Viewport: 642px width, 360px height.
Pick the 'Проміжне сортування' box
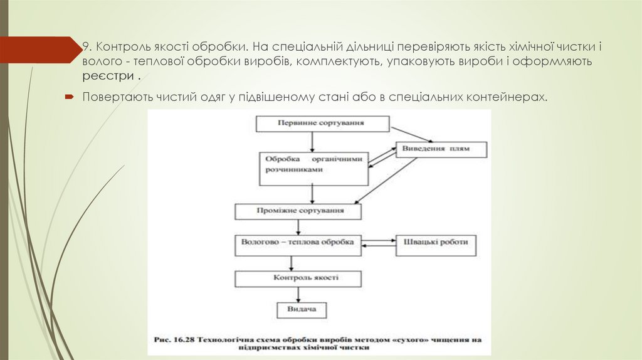[x=298, y=212]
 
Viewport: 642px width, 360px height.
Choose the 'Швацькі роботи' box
[x=436, y=244]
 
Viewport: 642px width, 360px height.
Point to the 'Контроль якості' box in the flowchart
[x=298, y=278]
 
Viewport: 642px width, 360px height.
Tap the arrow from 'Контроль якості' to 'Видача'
[x=298, y=295]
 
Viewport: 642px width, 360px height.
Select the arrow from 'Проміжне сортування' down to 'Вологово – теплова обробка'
[x=298, y=227]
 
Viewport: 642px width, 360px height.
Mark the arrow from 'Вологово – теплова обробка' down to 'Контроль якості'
[x=298, y=262]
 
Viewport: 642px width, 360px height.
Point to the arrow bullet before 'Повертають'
[x=70, y=98]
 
